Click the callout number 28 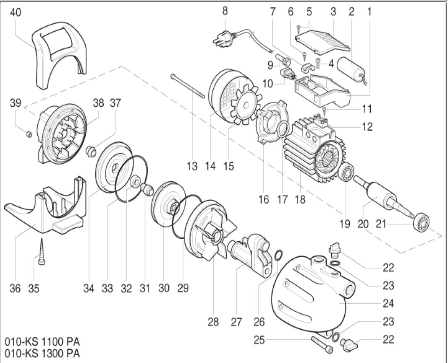click(x=213, y=322)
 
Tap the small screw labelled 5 click(x=298, y=28)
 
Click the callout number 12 click(x=367, y=127)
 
